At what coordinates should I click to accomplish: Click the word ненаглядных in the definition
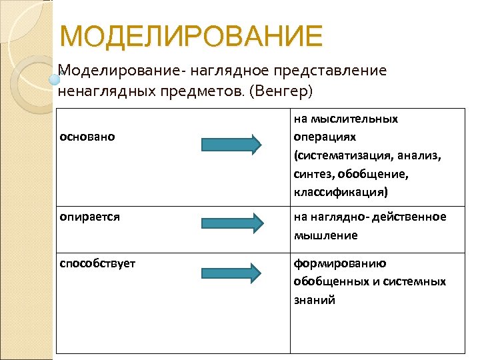[101, 90]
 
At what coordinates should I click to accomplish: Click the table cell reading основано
[87, 137]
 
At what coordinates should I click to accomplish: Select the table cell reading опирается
[90, 217]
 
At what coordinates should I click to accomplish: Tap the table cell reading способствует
[97, 263]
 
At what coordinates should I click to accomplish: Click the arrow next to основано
[231, 145]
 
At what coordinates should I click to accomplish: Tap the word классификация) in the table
[339, 192]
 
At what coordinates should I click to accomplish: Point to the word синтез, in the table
[313, 174]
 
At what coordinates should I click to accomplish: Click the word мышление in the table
[326, 235]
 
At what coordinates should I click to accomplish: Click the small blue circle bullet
[55, 79]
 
